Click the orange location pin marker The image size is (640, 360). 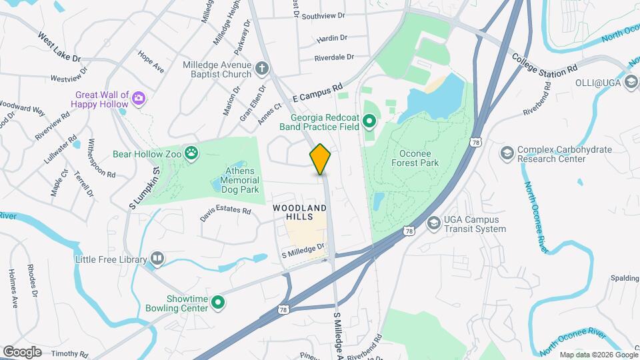pyautogui.click(x=321, y=159)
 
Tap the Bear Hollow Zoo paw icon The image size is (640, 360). pyautogui.click(x=192, y=154)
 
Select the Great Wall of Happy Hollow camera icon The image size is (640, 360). pyautogui.click(x=139, y=99)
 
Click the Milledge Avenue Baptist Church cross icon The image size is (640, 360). pyautogui.click(x=263, y=67)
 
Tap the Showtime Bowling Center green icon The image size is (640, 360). pyautogui.click(x=217, y=303)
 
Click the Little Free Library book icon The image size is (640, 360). pyautogui.click(x=157, y=257)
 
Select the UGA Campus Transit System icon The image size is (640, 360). pyautogui.click(x=433, y=223)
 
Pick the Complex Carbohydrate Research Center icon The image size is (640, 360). pyautogui.click(x=507, y=154)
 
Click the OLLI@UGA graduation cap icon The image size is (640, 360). pyautogui.click(x=630, y=83)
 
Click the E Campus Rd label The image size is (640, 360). pyautogui.click(x=317, y=91)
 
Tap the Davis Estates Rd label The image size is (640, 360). pyautogui.click(x=225, y=214)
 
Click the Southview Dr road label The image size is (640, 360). pyautogui.click(x=323, y=15)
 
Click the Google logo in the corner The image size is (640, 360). pyautogui.click(x=22, y=352)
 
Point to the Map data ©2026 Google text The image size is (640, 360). pyautogui.click(x=597, y=355)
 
